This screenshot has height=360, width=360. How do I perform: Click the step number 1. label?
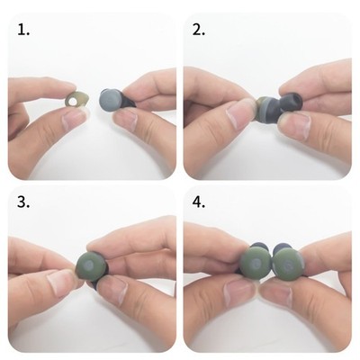[23, 30]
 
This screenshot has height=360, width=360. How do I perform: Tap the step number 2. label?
[199, 30]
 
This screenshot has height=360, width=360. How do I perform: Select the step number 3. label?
[23, 202]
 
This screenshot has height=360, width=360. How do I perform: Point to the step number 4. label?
[199, 202]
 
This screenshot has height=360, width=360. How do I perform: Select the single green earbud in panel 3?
[91, 266]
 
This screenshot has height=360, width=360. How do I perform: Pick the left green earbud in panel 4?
[256, 264]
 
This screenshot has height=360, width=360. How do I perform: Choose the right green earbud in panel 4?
[288, 264]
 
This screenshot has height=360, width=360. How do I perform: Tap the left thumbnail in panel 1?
[73, 119]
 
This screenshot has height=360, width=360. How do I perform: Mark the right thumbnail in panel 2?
[293, 123]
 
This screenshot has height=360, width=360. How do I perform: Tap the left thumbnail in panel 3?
[60, 282]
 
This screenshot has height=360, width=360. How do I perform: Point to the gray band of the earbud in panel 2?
[267, 109]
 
